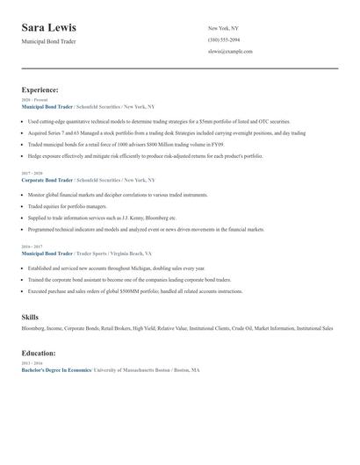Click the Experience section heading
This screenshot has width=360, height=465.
coord(40,89)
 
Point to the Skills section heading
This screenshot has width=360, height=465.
coord(31,316)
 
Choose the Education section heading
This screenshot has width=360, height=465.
coord(39,353)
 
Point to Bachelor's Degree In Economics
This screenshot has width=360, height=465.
coord(55,370)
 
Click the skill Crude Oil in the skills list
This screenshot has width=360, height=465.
coord(240,328)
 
